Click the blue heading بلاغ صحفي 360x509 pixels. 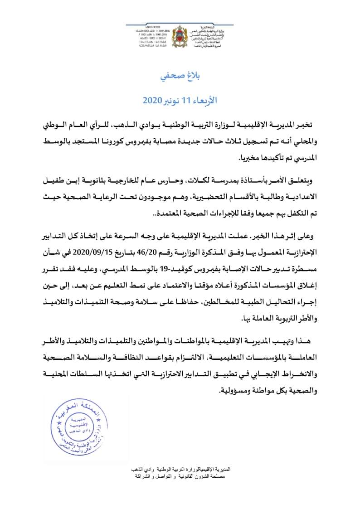point(180,76)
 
